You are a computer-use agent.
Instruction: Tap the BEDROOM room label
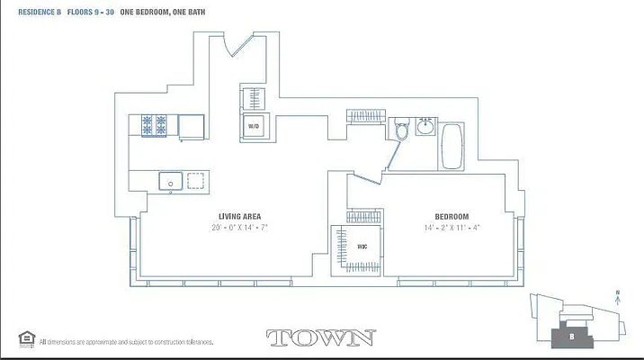click(x=452, y=217)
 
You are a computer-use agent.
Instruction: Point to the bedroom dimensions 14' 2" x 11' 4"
click(x=452, y=229)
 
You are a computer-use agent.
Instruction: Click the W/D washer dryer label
click(x=253, y=127)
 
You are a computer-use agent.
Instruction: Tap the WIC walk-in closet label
click(x=362, y=246)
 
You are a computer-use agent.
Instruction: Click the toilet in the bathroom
click(x=403, y=131)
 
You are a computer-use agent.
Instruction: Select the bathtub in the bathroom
click(x=451, y=147)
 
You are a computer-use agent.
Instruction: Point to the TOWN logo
click(x=321, y=338)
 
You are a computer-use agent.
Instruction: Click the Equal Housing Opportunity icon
click(x=26, y=339)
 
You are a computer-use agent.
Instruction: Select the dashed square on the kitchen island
click(x=195, y=181)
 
